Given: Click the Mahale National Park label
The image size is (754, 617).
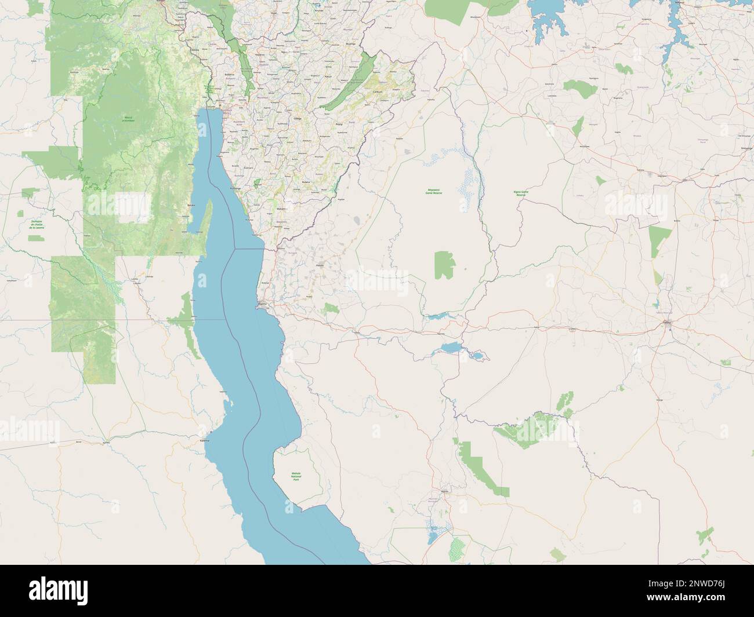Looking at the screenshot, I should (x=296, y=477).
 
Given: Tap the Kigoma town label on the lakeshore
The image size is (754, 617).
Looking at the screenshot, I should (x=262, y=303).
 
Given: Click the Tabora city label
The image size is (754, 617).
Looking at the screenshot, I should (x=666, y=320).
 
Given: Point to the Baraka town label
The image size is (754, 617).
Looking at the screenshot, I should (x=192, y=205).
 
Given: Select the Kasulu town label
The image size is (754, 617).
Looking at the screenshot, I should (x=320, y=265).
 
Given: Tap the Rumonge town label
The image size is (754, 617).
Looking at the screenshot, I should (x=235, y=189).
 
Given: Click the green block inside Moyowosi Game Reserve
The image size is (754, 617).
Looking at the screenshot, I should (x=444, y=265).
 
